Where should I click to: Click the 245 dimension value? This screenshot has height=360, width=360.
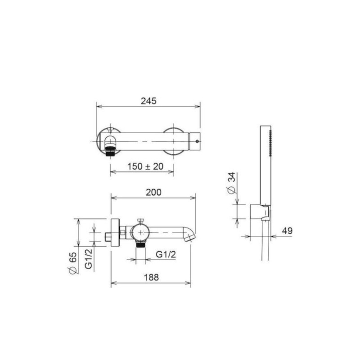(148, 101)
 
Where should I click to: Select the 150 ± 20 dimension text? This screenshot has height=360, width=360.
(145, 166)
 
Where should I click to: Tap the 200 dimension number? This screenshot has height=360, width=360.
(153, 192)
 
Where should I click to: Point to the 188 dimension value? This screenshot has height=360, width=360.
(151, 277)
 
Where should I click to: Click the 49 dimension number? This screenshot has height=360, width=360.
(287, 231)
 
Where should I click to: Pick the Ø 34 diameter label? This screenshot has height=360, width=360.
(232, 183)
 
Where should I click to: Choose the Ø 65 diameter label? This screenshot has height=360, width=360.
(73, 263)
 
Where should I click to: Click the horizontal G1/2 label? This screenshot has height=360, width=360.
(166, 254)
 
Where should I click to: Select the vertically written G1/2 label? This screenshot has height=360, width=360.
(89, 259)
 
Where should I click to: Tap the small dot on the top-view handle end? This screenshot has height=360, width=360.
(197, 141)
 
